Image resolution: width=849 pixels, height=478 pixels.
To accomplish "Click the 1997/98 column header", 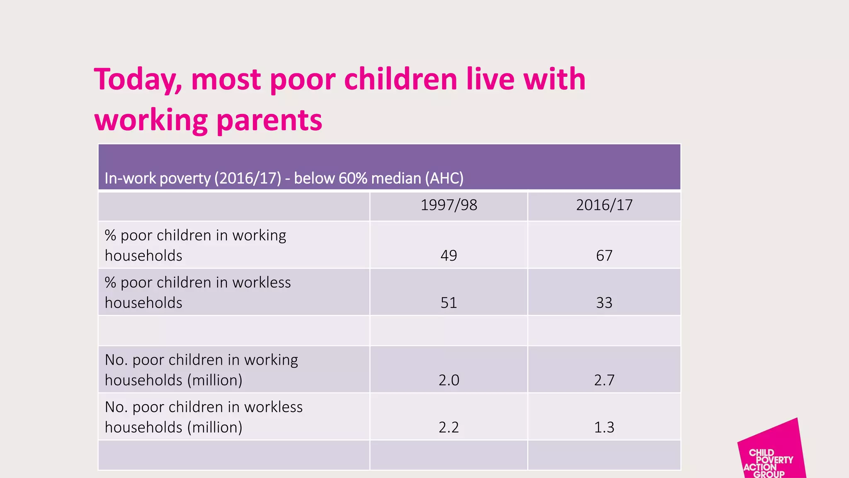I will (x=449, y=205).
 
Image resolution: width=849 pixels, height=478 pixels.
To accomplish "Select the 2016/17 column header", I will (x=604, y=205).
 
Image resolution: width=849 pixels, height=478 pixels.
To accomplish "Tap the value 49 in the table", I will (x=449, y=255).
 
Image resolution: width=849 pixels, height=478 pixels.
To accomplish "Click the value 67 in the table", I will (x=604, y=255).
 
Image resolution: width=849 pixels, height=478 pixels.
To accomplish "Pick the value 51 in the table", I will (x=449, y=302).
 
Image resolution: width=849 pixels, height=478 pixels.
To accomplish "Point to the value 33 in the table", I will (x=604, y=302).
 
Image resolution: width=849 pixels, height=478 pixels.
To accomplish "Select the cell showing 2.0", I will (x=449, y=380).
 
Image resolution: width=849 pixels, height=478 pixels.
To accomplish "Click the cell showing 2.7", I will (x=604, y=380).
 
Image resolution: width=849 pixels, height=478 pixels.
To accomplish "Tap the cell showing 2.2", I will (x=449, y=427).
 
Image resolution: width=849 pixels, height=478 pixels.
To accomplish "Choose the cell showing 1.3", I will (x=604, y=427).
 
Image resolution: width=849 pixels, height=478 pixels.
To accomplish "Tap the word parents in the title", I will (x=269, y=120).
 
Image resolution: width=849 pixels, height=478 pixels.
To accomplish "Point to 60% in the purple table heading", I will (x=353, y=178).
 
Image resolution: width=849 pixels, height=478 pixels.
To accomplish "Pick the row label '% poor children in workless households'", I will (x=197, y=292).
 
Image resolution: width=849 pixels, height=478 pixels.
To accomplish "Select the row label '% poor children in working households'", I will (x=195, y=245).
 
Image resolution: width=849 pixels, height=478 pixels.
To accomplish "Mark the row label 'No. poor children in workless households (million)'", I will (x=203, y=417).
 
